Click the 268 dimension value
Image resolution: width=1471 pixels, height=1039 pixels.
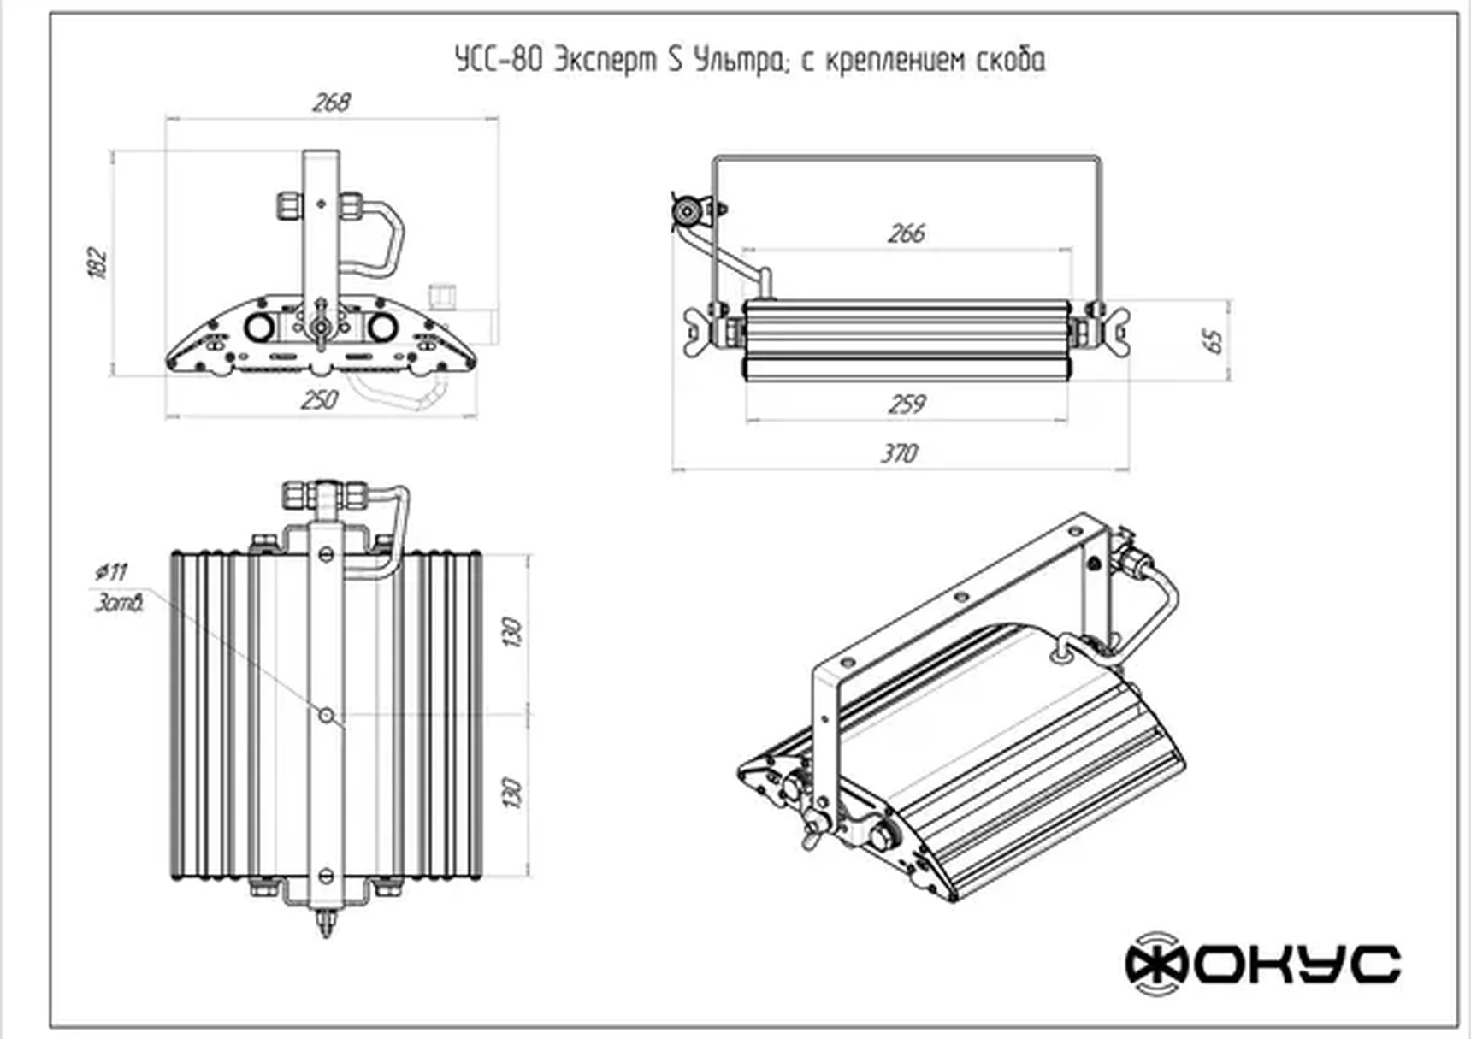coord(331,103)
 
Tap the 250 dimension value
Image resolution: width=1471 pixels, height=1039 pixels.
coord(319,399)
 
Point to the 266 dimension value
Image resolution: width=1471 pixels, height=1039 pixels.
coord(906,233)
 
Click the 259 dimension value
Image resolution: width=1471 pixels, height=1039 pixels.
coord(906,404)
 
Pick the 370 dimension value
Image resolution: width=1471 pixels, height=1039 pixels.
coord(899,453)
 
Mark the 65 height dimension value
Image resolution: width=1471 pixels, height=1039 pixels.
coord(1213,340)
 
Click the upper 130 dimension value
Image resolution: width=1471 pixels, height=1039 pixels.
coord(511,632)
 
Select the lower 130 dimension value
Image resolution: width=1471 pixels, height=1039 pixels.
coord(511,793)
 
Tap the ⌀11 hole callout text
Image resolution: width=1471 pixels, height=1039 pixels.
coord(112,571)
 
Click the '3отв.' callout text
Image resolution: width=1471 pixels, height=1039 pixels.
coord(119,603)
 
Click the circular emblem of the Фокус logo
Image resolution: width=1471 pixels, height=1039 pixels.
coord(1155,964)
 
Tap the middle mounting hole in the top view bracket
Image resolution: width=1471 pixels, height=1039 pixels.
coord(326,714)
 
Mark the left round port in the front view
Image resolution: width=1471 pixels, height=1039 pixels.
coord(259,327)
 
